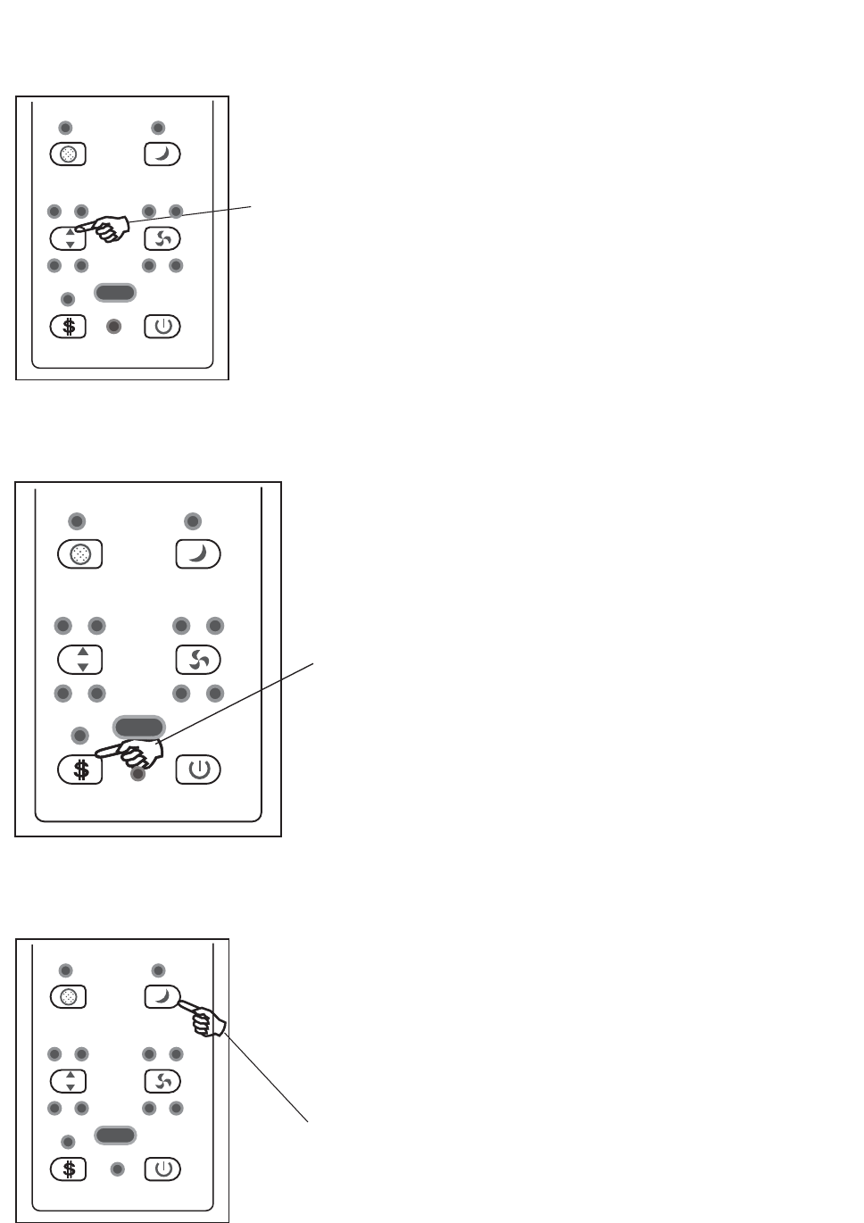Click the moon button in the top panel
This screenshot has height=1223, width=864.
[x=162, y=154]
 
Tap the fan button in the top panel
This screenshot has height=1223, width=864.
[x=162, y=238]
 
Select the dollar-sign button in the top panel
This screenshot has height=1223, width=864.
[x=68, y=326]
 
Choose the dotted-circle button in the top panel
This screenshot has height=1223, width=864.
[x=68, y=154]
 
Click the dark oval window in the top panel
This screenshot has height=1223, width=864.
[x=115, y=292]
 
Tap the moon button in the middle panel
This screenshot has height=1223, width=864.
[x=198, y=554]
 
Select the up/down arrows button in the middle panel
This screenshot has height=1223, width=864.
[x=80, y=660]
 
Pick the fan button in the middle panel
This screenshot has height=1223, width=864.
[x=198, y=660]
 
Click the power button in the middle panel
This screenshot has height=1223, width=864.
[x=198, y=770]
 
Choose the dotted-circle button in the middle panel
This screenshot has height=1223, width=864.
[x=80, y=554]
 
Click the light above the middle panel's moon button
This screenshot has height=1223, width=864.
[x=192, y=521]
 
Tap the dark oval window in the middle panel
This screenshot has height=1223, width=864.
[x=138, y=725]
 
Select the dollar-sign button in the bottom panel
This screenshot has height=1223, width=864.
[x=68, y=1169]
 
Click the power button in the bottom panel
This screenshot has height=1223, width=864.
[x=162, y=1169]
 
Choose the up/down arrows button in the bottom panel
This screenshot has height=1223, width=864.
[x=68, y=1081]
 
